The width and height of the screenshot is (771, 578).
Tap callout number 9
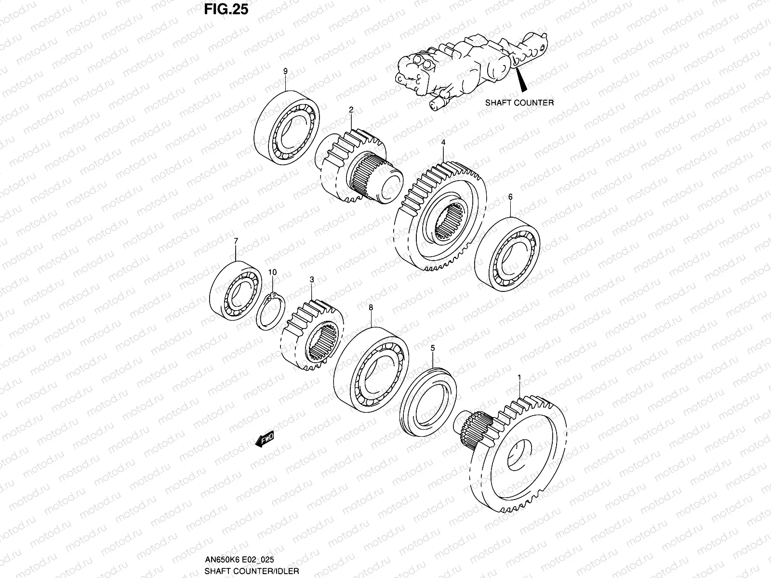285,71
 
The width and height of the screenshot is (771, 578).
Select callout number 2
351,110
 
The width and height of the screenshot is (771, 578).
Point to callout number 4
443,143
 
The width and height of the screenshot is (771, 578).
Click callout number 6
510,197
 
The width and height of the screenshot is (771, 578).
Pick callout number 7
236,240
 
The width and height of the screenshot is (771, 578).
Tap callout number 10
272,273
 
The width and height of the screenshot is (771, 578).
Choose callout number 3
312,279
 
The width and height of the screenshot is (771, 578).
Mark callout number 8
371,307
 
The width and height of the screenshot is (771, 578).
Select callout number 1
518,377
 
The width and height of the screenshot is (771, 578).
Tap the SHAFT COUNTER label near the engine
519,103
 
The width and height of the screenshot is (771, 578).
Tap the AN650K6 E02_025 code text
239,560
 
